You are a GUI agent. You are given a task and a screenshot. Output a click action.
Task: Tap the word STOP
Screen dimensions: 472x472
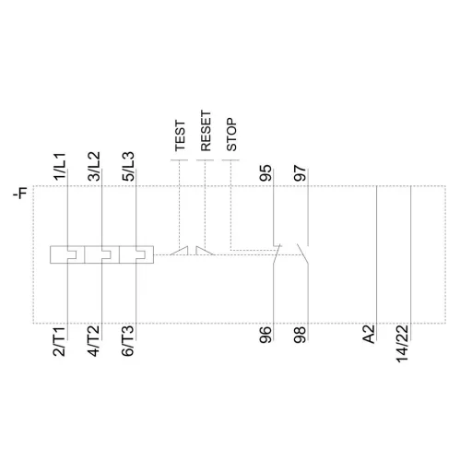232,136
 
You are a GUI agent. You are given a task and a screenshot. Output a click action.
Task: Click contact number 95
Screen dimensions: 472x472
267,173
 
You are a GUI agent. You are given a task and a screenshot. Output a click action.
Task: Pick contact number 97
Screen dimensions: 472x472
300,173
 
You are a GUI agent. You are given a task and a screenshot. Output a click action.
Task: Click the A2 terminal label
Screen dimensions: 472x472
369,336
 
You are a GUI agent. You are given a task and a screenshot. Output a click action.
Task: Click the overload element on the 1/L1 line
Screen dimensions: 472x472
66,253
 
